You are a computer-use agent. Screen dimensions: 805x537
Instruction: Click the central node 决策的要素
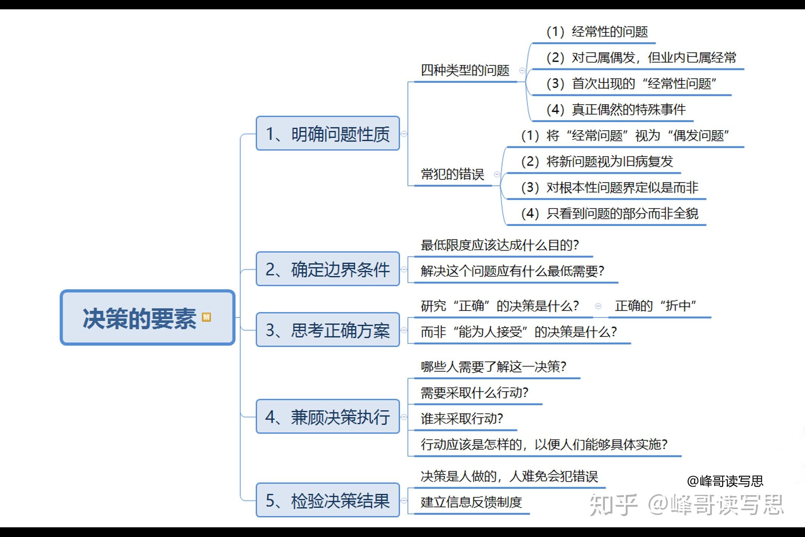click(148, 318)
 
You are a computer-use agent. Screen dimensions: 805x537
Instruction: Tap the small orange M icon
click(206, 317)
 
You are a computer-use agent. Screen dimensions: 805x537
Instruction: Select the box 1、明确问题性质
click(328, 134)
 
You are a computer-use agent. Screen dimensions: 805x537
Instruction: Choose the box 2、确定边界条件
click(328, 269)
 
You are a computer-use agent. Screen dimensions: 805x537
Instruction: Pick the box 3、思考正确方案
click(328, 330)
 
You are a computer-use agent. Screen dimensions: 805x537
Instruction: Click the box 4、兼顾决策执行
click(328, 417)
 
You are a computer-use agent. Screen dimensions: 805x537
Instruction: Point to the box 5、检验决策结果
click(328, 500)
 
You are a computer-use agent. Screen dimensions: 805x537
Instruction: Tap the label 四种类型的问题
click(465, 70)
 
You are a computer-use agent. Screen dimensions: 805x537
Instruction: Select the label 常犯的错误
click(452, 174)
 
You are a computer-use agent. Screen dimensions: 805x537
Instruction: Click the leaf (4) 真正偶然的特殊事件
click(616, 109)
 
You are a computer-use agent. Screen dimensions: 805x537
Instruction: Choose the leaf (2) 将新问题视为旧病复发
click(597, 161)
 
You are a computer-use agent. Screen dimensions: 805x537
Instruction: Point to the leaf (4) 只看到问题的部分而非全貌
click(610, 213)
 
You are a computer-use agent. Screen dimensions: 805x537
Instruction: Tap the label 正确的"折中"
click(656, 306)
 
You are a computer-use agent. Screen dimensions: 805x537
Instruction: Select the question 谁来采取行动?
click(462, 418)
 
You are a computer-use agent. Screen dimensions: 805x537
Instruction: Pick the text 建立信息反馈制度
click(471, 502)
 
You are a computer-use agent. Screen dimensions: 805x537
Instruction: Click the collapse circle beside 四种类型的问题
click(522, 70)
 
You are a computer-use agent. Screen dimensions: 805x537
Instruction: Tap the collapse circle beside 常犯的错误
click(497, 174)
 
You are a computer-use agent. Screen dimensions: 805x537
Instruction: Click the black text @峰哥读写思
click(725, 481)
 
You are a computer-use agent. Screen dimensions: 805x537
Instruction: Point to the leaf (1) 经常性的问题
click(597, 32)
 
